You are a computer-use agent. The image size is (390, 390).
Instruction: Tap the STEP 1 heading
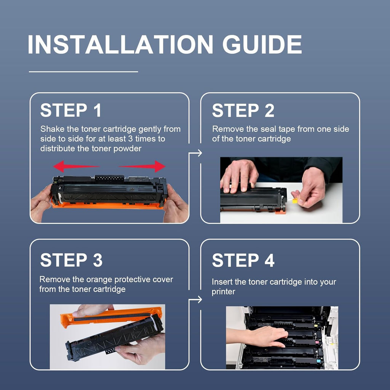[x=71, y=110]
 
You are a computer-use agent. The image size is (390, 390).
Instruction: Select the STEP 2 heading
[x=243, y=110]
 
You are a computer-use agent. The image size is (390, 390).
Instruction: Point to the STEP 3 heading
[x=71, y=260]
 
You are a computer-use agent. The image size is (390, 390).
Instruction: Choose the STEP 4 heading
[x=243, y=260]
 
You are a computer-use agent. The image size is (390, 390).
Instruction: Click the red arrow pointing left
[x=76, y=166]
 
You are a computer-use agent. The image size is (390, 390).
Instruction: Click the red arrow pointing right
[x=142, y=166]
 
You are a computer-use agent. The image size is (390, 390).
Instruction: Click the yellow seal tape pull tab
[x=295, y=200]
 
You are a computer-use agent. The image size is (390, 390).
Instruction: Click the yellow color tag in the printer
[x=316, y=326]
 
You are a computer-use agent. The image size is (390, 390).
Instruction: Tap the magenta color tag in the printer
[x=317, y=342]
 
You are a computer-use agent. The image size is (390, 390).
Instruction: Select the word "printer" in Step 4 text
[x=223, y=292]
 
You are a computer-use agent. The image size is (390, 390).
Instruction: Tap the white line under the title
[x=83, y=72]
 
